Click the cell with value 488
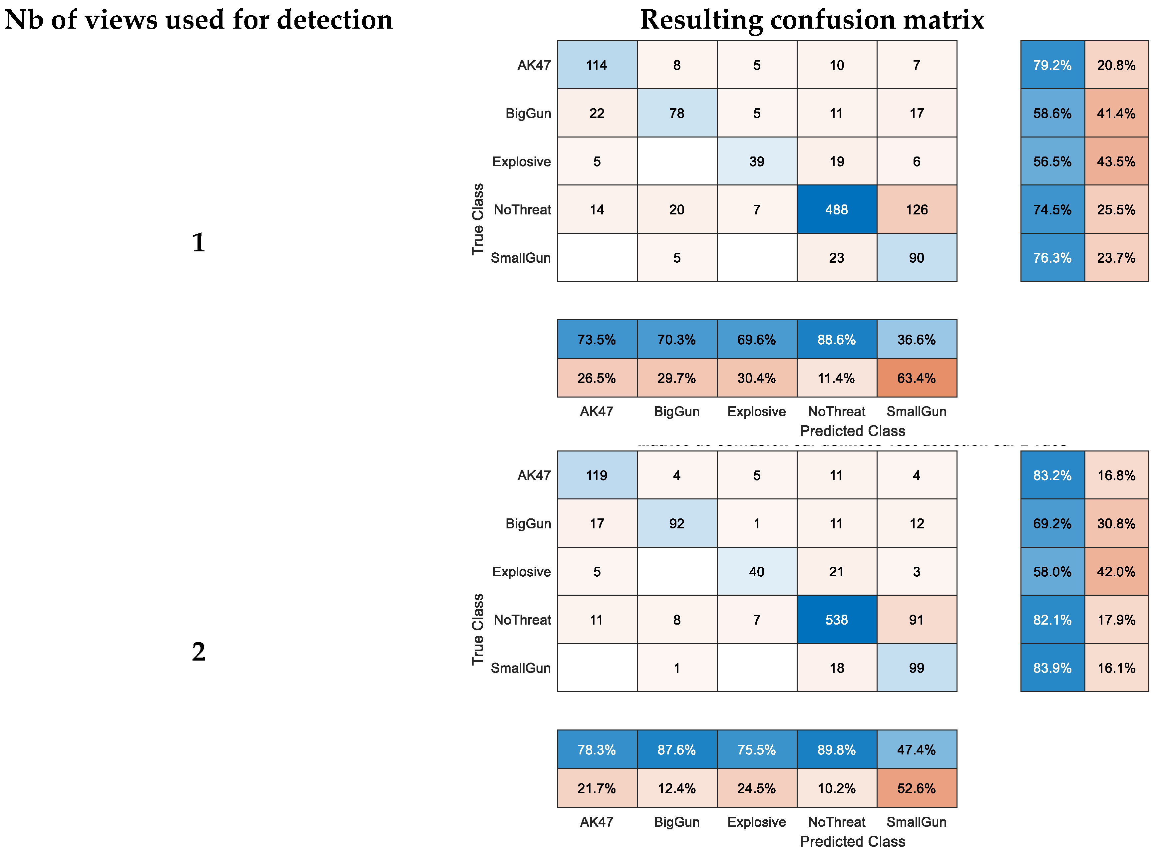pos(836,209)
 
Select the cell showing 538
pos(836,620)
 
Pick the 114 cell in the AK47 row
pos(597,65)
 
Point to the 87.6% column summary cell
pos(676,750)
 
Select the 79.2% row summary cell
pos(1052,65)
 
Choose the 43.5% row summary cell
pos(1116,161)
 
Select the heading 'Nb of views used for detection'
pos(198,20)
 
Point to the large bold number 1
pos(198,243)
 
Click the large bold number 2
pos(198,652)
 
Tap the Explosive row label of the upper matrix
pos(521,161)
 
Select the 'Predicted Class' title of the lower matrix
pos(852,841)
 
